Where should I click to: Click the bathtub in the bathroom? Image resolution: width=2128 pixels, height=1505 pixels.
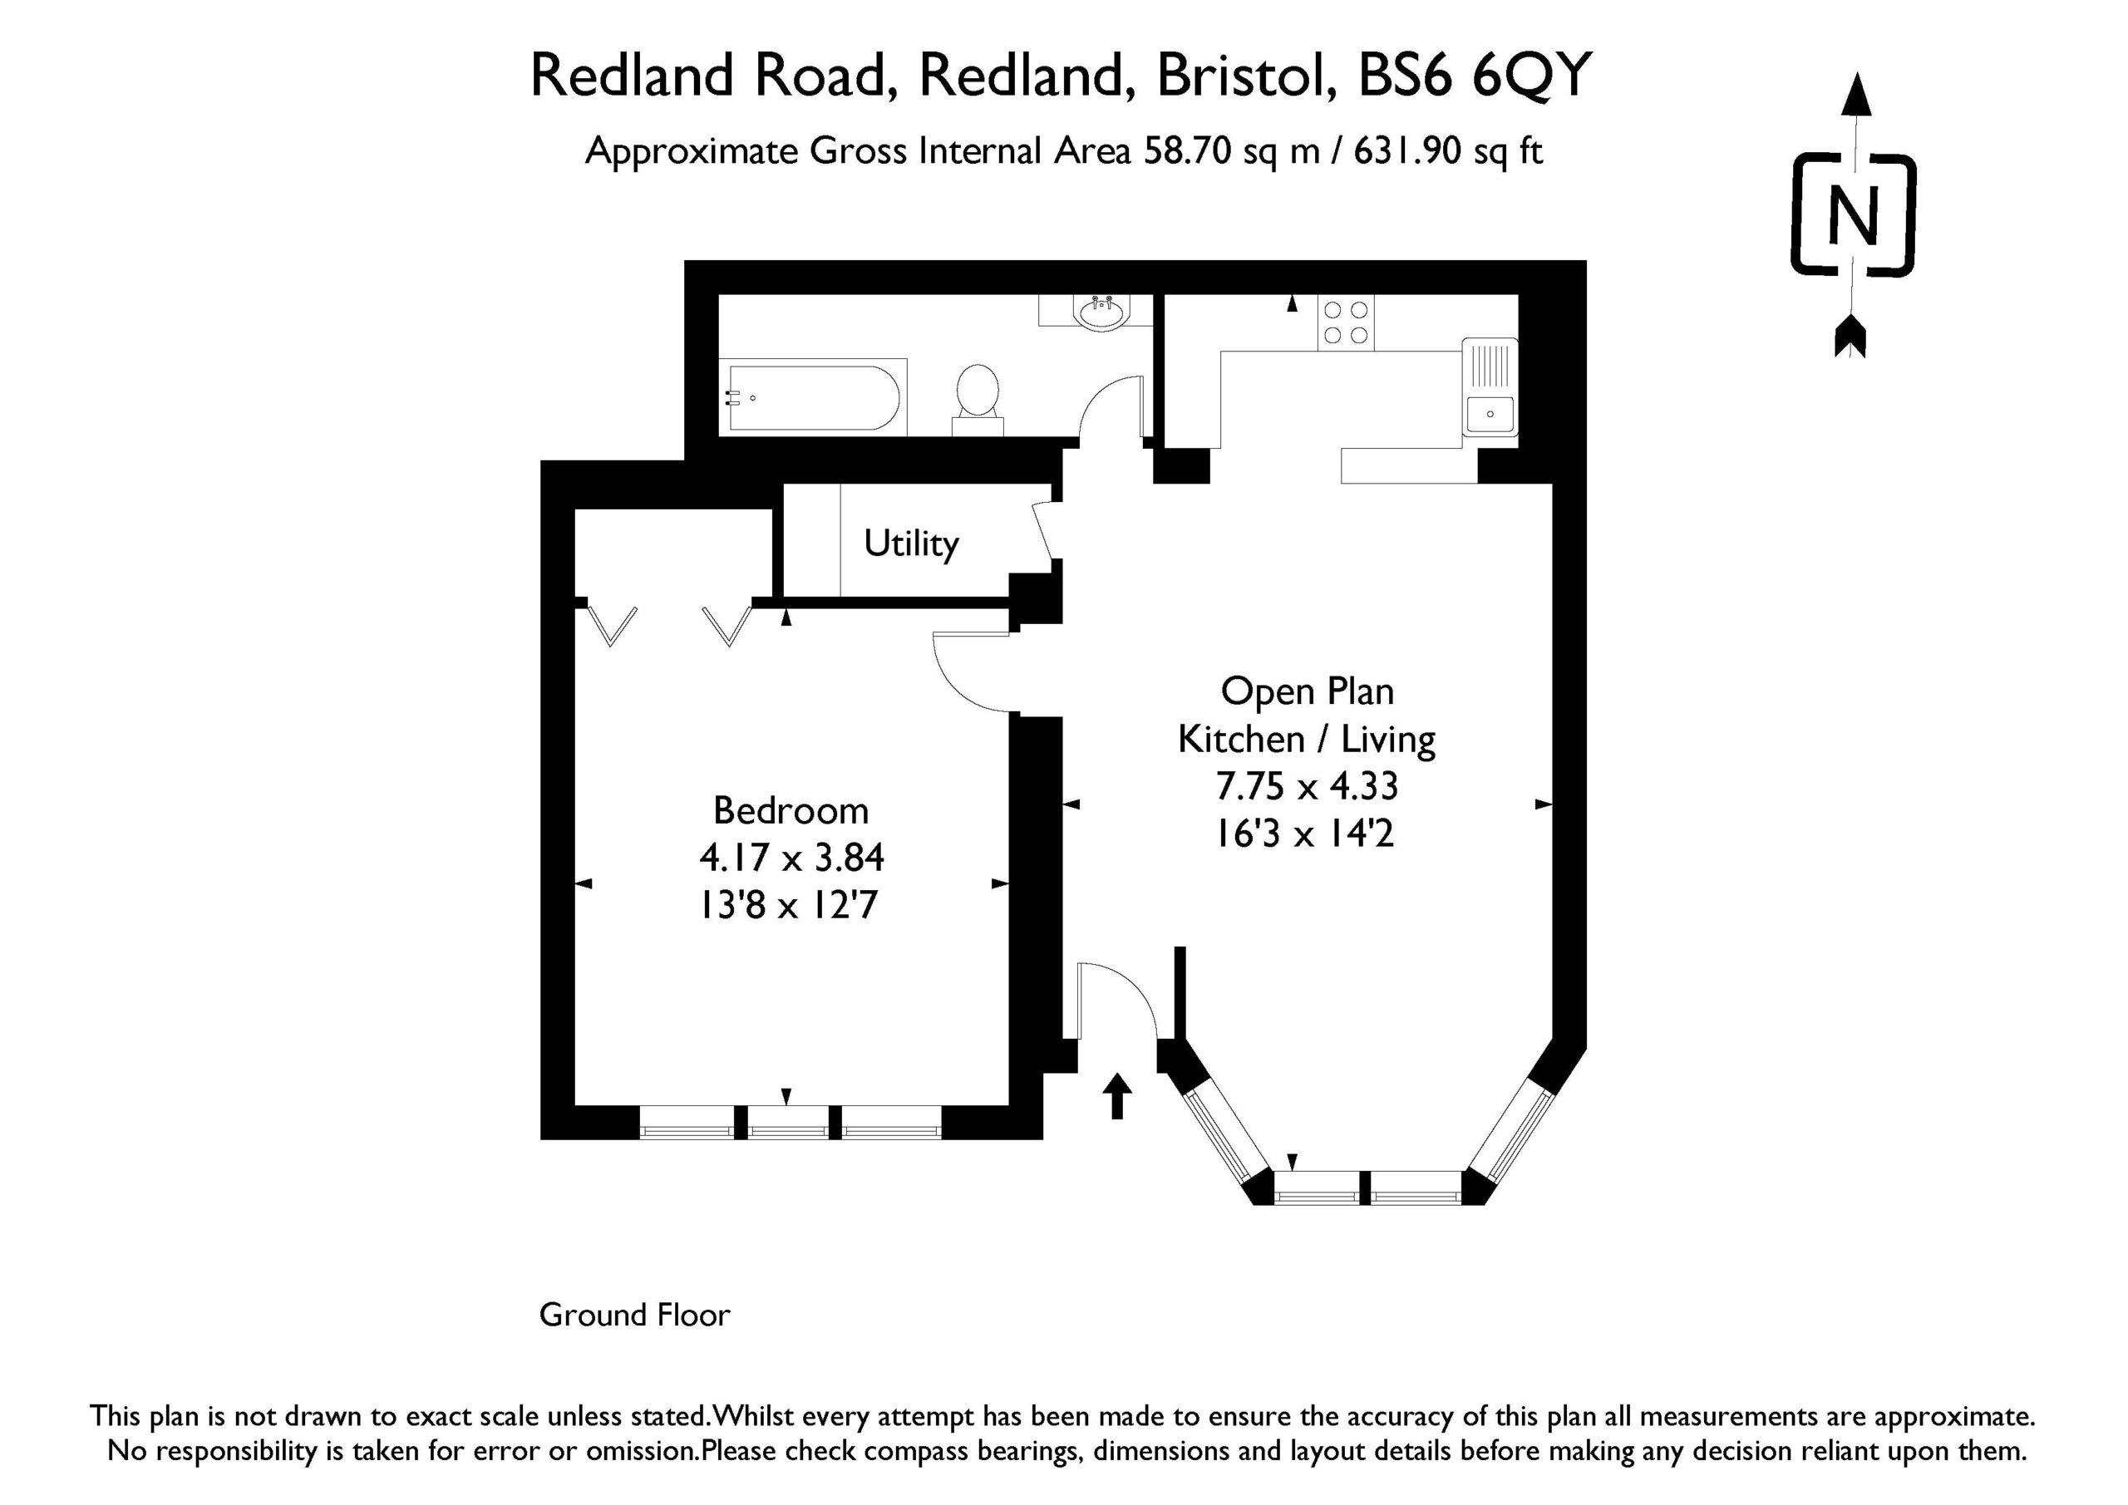tap(814, 397)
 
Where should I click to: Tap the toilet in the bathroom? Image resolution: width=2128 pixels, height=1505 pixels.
tap(978, 400)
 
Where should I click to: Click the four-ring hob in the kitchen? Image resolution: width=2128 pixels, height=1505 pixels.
tap(1346, 322)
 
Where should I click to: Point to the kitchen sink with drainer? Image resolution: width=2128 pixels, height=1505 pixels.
tap(1490, 387)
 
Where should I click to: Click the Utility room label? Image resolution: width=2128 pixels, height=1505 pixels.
tap(911, 544)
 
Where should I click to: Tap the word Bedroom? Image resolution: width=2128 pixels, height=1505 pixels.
tap(791, 811)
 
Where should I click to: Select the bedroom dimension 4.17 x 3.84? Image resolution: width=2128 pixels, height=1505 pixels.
tap(791, 858)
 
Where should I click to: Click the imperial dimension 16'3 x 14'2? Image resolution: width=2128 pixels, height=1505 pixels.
tap(1305, 834)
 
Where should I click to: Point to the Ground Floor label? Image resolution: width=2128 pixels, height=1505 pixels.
tap(635, 1315)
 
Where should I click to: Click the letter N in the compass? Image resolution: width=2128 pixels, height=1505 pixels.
tap(1853, 216)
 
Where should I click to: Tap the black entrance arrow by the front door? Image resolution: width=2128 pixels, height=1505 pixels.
tap(1118, 1095)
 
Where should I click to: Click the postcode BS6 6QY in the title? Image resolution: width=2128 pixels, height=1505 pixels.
tap(1475, 75)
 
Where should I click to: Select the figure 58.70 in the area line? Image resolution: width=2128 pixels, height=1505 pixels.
tap(1187, 150)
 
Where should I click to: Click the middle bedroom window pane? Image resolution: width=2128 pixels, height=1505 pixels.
tap(788, 1124)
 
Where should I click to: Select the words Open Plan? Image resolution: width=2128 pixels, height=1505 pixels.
tap(1307, 692)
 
